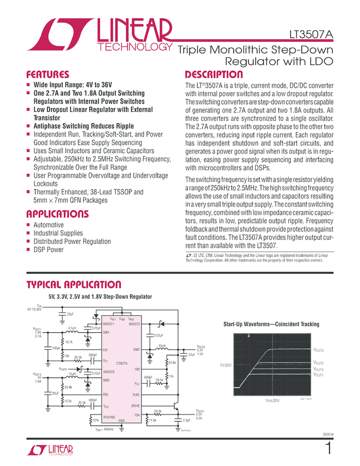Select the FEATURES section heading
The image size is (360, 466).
pos(48,75)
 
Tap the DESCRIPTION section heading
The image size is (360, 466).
pos(214,75)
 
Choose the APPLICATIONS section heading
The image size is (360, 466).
pos(57,214)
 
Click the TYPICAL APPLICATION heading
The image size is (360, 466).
pos(74,285)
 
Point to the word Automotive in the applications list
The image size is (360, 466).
pos(48,225)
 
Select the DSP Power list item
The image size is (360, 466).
pos(48,249)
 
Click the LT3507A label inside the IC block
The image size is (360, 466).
pos(122,363)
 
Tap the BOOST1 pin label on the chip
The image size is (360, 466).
pos(108,324)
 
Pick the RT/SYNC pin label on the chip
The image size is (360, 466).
pos(110,417)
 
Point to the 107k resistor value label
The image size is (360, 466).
pos(96,420)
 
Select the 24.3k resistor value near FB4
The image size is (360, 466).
pos(158,411)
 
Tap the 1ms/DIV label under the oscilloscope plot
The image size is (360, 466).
pos(273,401)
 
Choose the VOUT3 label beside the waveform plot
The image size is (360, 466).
pos(318,349)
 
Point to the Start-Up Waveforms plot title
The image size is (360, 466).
pos(271,325)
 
